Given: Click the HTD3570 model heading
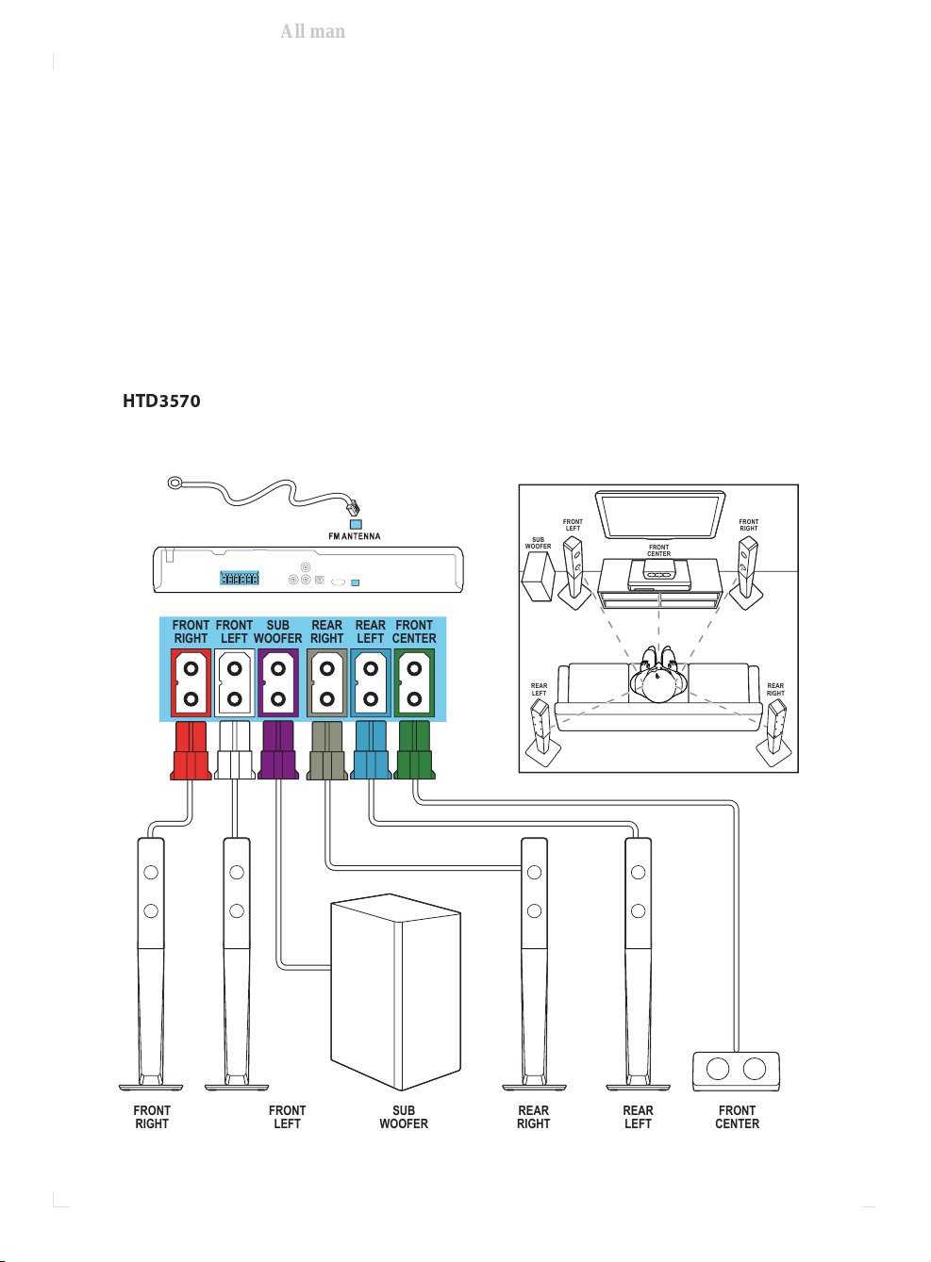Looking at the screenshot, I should coord(161,401).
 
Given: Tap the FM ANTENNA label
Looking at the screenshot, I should coord(354,536).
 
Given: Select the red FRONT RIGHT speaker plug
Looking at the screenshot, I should coord(191,751).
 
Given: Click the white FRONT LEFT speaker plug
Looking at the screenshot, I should coord(235,751).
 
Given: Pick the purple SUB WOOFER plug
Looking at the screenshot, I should coord(278,751).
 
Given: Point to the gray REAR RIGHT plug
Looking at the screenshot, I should coord(327,751).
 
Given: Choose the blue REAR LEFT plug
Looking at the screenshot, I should coord(371,751).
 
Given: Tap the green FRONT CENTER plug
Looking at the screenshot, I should coord(414,751).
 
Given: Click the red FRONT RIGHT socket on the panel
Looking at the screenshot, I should coord(191,682).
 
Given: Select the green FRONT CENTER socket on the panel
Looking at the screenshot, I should coord(414,682).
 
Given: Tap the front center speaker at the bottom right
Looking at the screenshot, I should coord(736,1070).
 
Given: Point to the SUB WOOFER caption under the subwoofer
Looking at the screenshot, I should coord(404,1117).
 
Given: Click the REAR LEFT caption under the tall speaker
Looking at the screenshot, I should coord(638,1117).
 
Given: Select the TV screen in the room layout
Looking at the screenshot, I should coord(659,513).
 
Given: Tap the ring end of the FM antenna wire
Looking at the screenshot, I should coord(175,483).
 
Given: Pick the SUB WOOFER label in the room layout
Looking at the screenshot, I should coord(538,543).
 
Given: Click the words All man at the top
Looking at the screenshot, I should coord(313,31).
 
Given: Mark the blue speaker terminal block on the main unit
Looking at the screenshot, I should coord(240,578).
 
